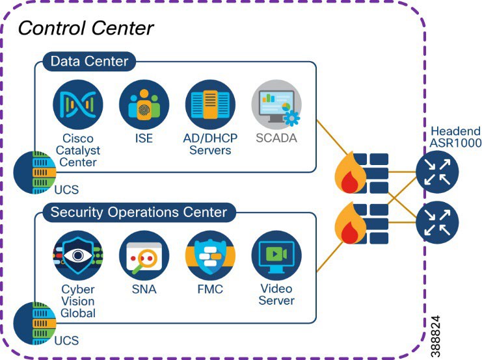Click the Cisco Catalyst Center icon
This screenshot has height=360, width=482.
[x=78, y=105]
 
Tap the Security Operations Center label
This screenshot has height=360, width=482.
[x=139, y=212]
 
